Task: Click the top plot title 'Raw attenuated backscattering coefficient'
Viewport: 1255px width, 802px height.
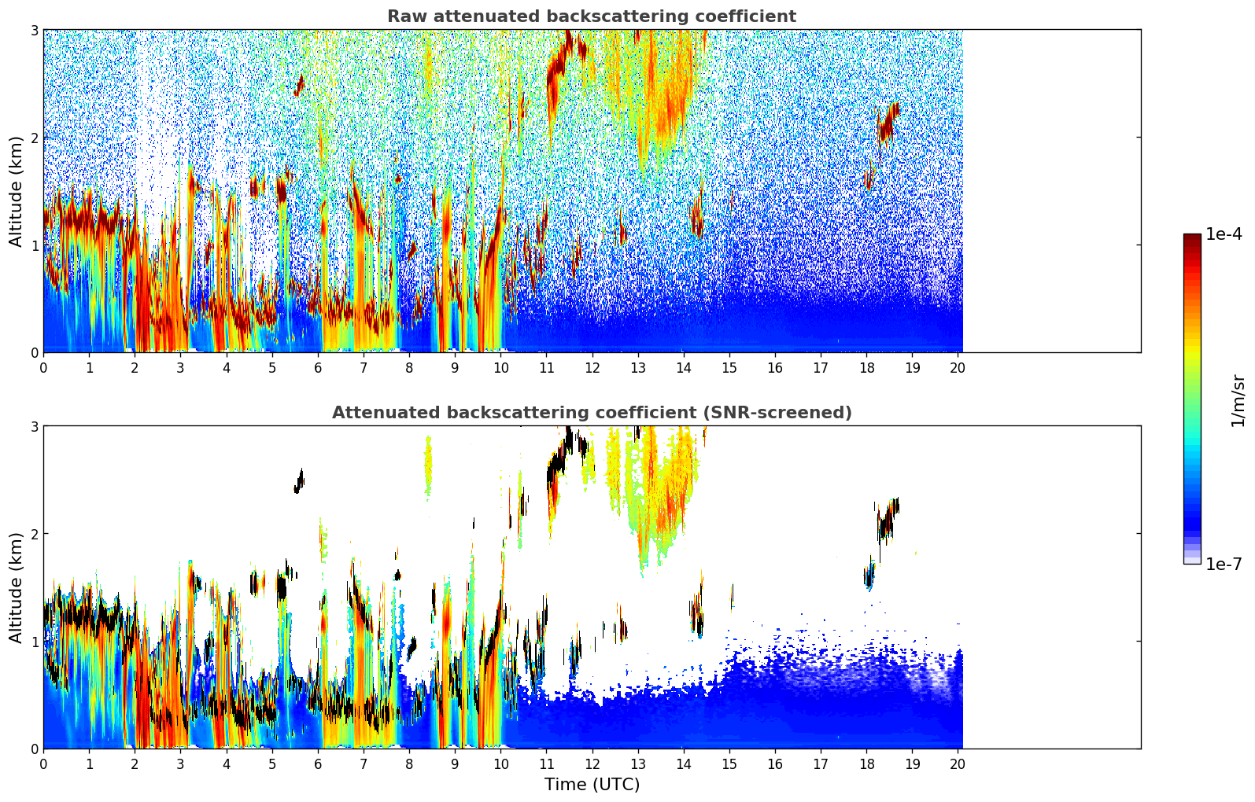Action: click(592, 17)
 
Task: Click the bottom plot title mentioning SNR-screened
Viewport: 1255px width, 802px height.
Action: click(592, 413)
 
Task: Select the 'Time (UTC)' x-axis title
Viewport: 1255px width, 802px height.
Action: click(592, 785)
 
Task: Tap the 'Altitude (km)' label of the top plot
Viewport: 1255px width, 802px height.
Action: click(16, 191)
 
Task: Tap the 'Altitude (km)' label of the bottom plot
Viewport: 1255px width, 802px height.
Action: click(16, 587)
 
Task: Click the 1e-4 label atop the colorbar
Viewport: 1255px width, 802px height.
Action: click(1224, 234)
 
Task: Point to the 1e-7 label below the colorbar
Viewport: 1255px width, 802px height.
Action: click(1224, 564)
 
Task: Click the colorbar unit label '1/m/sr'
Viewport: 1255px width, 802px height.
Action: click(1238, 401)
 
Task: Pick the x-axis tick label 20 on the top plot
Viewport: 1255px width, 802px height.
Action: click(958, 367)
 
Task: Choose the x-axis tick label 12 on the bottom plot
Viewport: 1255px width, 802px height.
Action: click(592, 763)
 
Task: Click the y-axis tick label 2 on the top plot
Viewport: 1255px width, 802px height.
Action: click(35, 138)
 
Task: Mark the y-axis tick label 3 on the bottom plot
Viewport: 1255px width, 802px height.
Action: click(35, 426)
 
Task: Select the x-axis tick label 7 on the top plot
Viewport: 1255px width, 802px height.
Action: click(364, 367)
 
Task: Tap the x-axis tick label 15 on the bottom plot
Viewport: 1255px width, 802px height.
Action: click(729, 763)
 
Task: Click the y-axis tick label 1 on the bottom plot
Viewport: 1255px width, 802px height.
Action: click(35, 642)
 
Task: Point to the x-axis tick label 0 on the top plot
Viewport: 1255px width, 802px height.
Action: click(43, 367)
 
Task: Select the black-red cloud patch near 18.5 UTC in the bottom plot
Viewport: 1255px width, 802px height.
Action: click(888, 520)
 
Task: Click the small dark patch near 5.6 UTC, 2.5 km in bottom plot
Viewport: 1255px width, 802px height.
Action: click(299, 480)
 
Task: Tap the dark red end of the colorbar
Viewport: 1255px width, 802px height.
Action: click(1192, 239)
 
